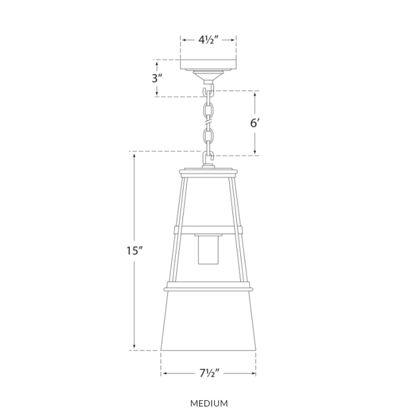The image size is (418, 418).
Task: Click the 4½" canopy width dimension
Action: click(x=208, y=40)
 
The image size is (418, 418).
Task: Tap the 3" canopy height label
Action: click(x=157, y=78)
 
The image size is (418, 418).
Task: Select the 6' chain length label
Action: click(x=255, y=124)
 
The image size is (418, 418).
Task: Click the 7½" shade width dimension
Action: click(x=208, y=373)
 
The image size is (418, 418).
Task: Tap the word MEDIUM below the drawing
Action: click(x=209, y=404)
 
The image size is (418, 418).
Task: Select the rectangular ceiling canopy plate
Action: click(x=208, y=64)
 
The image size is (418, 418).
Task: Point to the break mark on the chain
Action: click(x=208, y=123)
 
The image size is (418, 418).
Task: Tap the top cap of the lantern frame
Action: click(x=208, y=171)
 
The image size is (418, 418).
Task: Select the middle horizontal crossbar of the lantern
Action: click(x=208, y=230)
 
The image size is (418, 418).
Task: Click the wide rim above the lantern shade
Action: click(x=208, y=288)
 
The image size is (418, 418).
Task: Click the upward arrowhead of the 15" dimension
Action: click(x=134, y=157)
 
